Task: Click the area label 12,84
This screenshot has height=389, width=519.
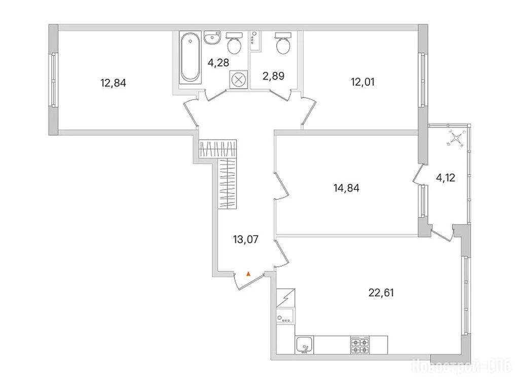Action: pos(113,83)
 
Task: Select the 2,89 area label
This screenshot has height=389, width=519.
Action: pos(273,76)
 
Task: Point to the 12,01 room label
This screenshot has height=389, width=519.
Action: pos(363,81)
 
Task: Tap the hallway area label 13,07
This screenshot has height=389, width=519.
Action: pos(246,239)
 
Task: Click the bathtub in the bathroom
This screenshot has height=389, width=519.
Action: pos(190,57)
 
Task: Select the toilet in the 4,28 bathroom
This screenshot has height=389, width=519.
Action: pos(234,44)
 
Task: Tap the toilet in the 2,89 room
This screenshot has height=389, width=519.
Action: pos(282,44)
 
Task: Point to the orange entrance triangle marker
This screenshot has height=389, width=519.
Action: pos(248,274)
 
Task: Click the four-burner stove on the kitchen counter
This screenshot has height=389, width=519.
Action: pos(359,344)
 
